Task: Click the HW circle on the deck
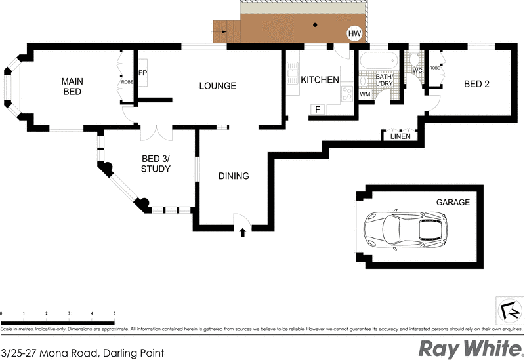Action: point(354,33)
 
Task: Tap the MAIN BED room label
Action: point(72,86)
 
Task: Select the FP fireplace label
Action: point(142,73)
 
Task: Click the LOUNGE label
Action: point(217,86)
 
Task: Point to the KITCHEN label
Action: point(320,80)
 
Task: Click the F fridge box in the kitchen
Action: point(318,109)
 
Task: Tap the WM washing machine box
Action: point(366,94)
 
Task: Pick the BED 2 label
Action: point(476,84)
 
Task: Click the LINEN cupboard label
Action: point(400,136)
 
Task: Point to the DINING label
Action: point(234,176)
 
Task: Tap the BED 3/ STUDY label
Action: point(156,163)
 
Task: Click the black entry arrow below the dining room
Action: point(243,231)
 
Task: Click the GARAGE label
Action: point(453,203)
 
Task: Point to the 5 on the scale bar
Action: point(114,314)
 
